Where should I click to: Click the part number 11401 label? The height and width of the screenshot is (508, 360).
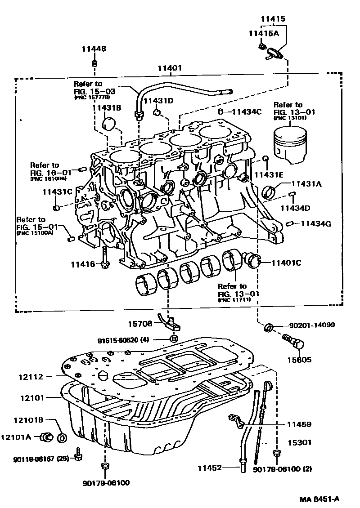pyautogui.click(x=169, y=68)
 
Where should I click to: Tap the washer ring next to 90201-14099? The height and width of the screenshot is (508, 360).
pyautogui.click(x=268, y=326)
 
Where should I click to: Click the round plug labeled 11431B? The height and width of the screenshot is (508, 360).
pyautogui.click(x=110, y=124)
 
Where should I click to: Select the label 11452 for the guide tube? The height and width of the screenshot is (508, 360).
pyautogui.click(x=209, y=468)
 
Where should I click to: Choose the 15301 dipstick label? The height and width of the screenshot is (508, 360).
pyautogui.click(x=299, y=442)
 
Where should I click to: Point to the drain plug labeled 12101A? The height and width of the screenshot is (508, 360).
pyautogui.click(x=46, y=436)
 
